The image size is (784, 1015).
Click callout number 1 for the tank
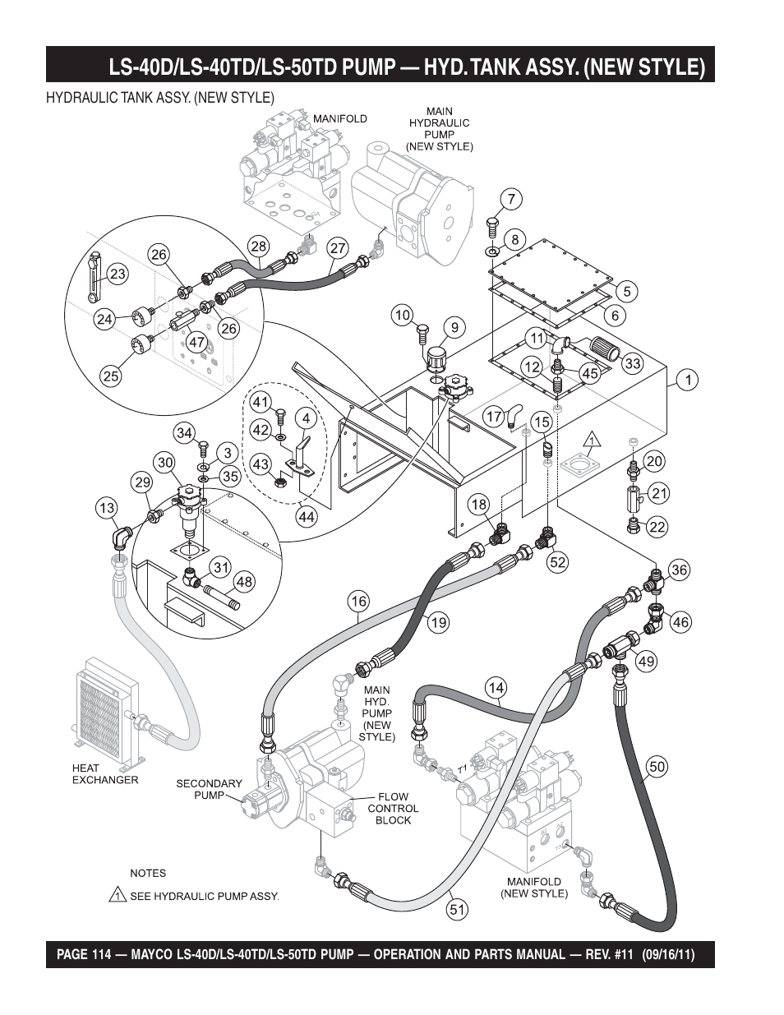click(x=686, y=380)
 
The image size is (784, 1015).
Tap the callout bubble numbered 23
click(x=118, y=274)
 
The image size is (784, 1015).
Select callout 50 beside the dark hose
click(x=657, y=767)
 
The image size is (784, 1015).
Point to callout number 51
click(x=458, y=909)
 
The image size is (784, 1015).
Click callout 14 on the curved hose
click(x=495, y=689)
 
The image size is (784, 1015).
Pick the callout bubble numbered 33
click(x=631, y=362)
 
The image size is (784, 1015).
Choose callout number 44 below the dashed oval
click(x=307, y=517)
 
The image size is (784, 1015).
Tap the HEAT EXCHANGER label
click(x=105, y=774)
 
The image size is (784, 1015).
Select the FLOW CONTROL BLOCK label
click(x=393, y=809)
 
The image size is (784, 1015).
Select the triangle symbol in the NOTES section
click(x=118, y=895)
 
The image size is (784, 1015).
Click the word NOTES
click(x=148, y=873)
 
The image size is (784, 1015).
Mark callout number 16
click(x=358, y=602)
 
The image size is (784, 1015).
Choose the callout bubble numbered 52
click(x=558, y=563)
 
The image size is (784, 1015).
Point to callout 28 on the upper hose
click(x=259, y=246)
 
